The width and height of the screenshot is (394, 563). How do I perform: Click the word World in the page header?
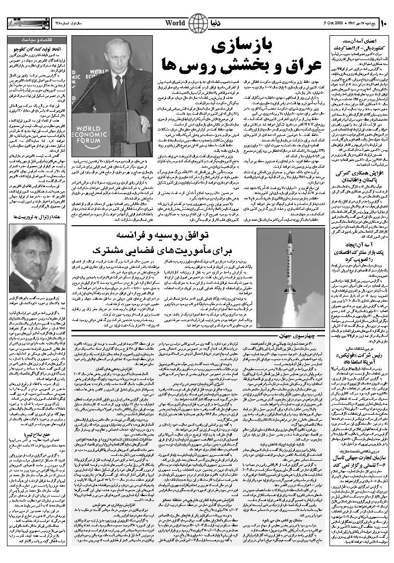(175, 23)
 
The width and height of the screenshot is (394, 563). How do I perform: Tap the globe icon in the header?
(199, 23)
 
